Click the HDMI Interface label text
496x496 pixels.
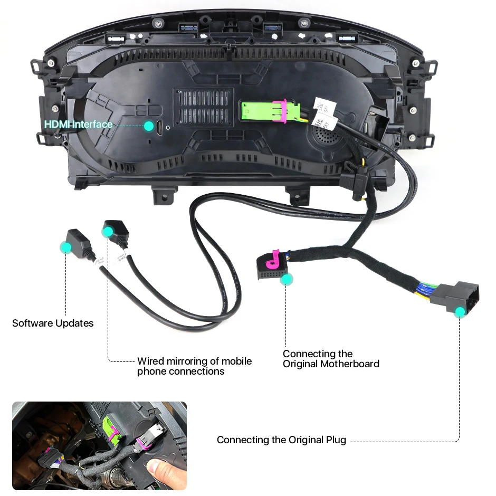click(x=78, y=125)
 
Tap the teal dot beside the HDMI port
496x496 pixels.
click(x=149, y=126)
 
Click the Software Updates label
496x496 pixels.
click(x=53, y=323)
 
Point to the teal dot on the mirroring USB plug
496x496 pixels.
click(x=108, y=231)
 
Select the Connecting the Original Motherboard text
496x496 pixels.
click(x=331, y=359)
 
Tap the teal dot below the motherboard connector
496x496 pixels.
click(x=286, y=279)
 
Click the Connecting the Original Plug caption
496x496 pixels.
click(x=281, y=440)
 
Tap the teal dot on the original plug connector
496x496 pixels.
click(x=460, y=312)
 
